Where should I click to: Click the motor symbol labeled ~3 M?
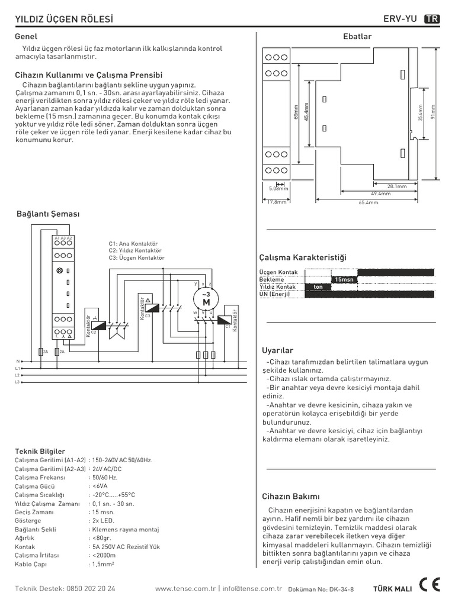206,299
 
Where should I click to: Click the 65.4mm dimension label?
368,202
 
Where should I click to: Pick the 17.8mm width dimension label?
276,202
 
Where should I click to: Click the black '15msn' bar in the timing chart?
344,279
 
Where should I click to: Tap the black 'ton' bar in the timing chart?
318,287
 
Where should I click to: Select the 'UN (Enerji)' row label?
275,294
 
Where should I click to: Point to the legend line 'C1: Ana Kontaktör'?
133,243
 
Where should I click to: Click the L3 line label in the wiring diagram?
17,382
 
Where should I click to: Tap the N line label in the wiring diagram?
18,361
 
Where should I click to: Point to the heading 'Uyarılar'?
277,350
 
